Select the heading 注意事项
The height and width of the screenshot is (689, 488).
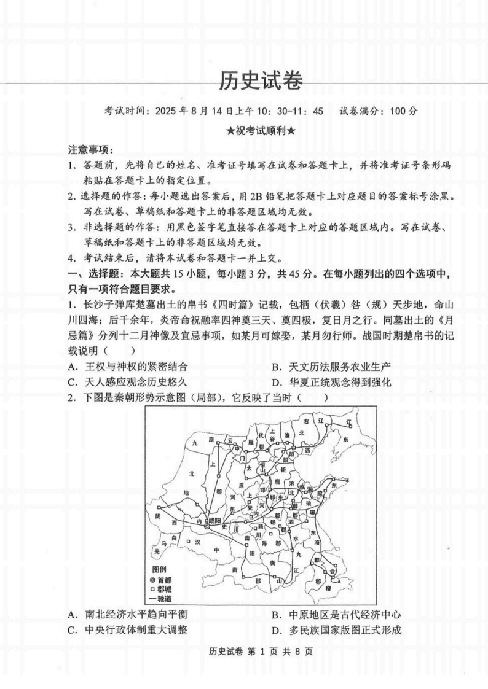[90, 150]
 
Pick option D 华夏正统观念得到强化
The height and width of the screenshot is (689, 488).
[332, 383]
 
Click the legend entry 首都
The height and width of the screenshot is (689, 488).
[161, 579]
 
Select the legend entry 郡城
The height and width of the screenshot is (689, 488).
[161, 588]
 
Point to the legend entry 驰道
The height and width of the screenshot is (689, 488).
[161, 598]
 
